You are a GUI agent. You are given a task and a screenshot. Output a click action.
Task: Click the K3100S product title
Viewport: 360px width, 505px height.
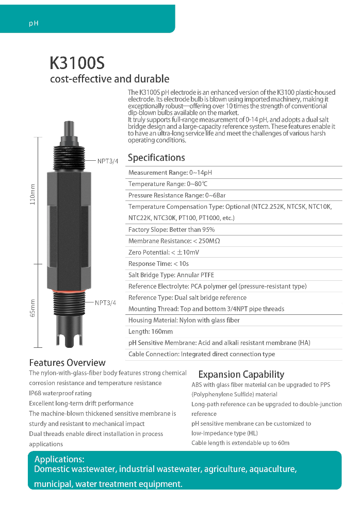[77, 63]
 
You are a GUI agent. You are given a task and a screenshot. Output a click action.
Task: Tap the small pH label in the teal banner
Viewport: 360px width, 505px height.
[34, 24]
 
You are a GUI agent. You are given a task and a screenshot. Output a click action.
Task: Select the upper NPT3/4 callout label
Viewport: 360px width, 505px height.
[108, 161]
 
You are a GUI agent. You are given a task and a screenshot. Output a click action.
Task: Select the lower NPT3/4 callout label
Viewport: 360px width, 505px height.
[105, 302]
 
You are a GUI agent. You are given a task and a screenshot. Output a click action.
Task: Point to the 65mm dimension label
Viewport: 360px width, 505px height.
[33, 308]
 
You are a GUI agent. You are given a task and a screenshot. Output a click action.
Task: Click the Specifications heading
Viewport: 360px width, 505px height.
[156, 158]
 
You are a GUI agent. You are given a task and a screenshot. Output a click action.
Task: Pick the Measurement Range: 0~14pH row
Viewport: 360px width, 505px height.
[170, 173]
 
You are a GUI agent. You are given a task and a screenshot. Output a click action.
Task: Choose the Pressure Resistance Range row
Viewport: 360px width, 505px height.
[177, 195]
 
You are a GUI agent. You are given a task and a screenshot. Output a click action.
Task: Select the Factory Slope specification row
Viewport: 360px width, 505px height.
[171, 230]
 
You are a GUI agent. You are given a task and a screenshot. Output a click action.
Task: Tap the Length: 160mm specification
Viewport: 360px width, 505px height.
[151, 331]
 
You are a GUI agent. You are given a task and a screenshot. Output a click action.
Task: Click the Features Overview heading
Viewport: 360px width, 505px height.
[67, 363]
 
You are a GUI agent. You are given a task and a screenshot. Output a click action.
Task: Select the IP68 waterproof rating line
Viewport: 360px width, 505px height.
[60, 393]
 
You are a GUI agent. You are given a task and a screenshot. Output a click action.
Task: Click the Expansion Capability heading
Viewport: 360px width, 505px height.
[241, 375]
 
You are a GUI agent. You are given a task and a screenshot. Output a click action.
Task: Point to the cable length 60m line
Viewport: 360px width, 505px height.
[240, 443]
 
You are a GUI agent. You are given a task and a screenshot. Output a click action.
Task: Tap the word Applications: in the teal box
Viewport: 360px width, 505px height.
[59, 459]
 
